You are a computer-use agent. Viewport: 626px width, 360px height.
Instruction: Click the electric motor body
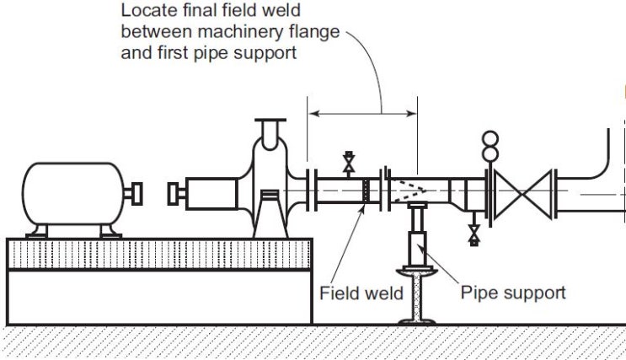(72, 196)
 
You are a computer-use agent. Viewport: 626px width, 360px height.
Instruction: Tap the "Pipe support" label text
(513, 293)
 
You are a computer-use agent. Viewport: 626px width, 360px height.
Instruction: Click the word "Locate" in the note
(144, 12)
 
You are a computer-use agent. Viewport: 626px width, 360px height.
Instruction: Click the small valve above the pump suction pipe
(347, 162)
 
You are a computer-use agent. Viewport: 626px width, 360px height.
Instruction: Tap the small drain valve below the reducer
(474, 233)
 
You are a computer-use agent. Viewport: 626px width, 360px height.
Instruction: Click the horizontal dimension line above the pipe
(362, 113)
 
